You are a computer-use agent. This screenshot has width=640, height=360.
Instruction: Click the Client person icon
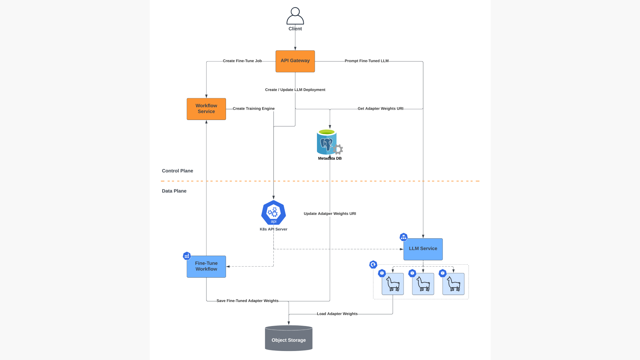[x=295, y=16]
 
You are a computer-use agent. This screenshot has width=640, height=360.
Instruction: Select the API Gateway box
[x=295, y=61]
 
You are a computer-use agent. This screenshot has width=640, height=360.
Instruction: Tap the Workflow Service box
[x=206, y=109]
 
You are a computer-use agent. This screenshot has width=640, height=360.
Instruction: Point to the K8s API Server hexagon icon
[x=274, y=213]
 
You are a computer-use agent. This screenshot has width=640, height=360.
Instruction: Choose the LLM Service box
[x=423, y=249]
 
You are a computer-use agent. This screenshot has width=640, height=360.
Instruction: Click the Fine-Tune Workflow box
[x=206, y=267]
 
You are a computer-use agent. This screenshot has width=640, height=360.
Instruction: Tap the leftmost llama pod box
[x=393, y=284]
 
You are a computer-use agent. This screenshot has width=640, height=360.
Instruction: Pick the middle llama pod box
[x=423, y=284]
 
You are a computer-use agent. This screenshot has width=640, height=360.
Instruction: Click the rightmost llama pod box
[x=453, y=284]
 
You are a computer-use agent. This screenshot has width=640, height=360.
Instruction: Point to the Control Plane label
[x=177, y=171]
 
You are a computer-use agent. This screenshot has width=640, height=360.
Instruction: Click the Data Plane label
[x=174, y=191]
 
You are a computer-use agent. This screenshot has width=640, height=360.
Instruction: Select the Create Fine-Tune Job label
[x=242, y=61]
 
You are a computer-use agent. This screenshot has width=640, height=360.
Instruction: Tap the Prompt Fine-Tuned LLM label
[x=367, y=61]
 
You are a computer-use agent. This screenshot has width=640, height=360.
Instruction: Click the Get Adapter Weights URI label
[x=380, y=109]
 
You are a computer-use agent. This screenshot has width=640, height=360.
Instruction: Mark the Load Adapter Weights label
[x=337, y=314]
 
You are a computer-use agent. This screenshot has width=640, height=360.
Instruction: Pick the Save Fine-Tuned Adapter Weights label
[x=247, y=301]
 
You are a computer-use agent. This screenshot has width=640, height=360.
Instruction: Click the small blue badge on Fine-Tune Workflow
[x=187, y=256]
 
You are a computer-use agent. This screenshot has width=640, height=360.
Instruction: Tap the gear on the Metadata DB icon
[x=338, y=149]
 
